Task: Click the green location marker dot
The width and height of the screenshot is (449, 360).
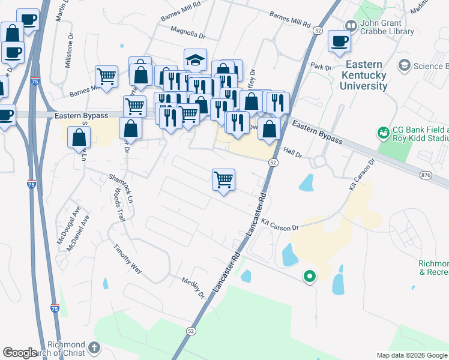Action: tap(309, 277)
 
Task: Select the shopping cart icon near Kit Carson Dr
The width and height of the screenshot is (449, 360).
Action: tap(223, 179)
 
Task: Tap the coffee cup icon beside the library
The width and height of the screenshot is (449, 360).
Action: tap(340, 41)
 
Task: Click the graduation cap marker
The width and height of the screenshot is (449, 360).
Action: tap(195, 59)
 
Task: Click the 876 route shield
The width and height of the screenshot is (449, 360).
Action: tap(427, 175)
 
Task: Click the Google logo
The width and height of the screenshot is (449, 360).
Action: tap(20, 353)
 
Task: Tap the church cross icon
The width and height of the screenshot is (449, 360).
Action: tap(93, 347)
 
